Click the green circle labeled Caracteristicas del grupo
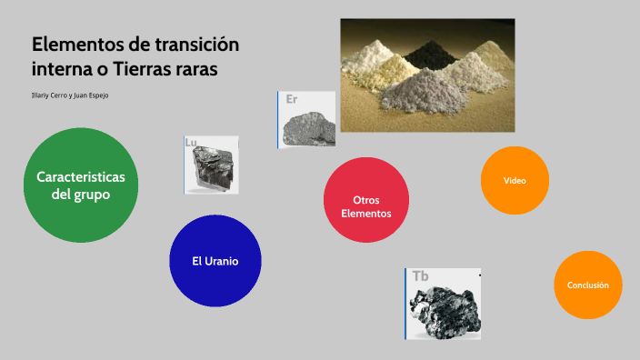pos(81,185)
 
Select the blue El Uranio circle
pos(215,260)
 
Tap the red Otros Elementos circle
pos(366,200)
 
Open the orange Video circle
pos(515,180)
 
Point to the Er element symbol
pos(292,99)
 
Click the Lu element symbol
pos(191,143)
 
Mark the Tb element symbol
pos(420,275)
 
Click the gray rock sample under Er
pos(310,127)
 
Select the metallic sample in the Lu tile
pos(214,170)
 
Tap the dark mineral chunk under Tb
pos(444,311)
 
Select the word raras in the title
pos(197,69)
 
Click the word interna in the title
pos(61,69)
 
